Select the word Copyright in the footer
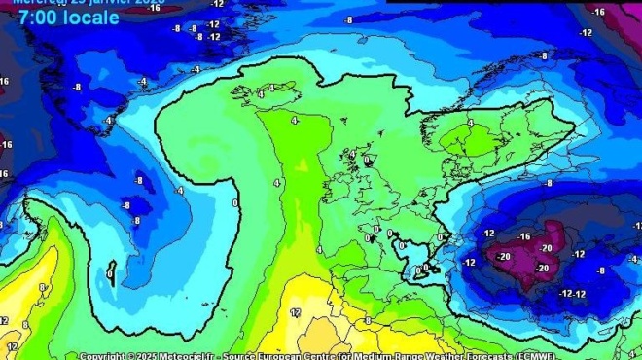(x=104, y=355)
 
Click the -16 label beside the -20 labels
(x=525, y=236)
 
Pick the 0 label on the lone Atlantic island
(x=110, y=273)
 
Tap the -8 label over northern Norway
(x=543, y=56)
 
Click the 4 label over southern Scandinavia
(x=471, y=124)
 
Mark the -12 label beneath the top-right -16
(x=587, y=32)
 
